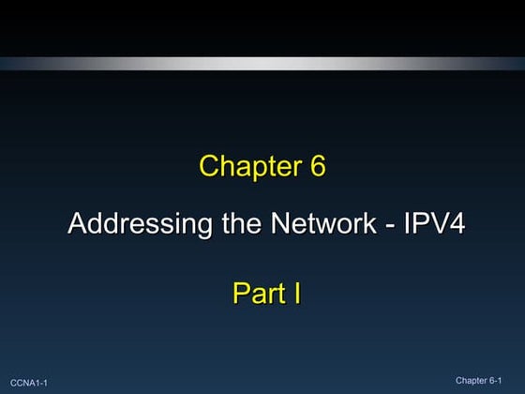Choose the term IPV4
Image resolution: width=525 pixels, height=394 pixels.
[432, 225]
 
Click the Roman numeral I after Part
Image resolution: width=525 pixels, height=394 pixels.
[296, 294]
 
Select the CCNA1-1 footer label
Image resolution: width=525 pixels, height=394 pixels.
[29, 383]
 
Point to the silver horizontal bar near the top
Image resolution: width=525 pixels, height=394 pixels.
[262, 64]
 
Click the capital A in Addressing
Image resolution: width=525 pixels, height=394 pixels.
[77, 225]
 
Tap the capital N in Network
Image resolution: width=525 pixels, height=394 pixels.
[279, 225]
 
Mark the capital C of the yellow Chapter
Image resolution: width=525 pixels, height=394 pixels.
[209, 167]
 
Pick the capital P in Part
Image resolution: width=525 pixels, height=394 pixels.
[240, 294]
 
